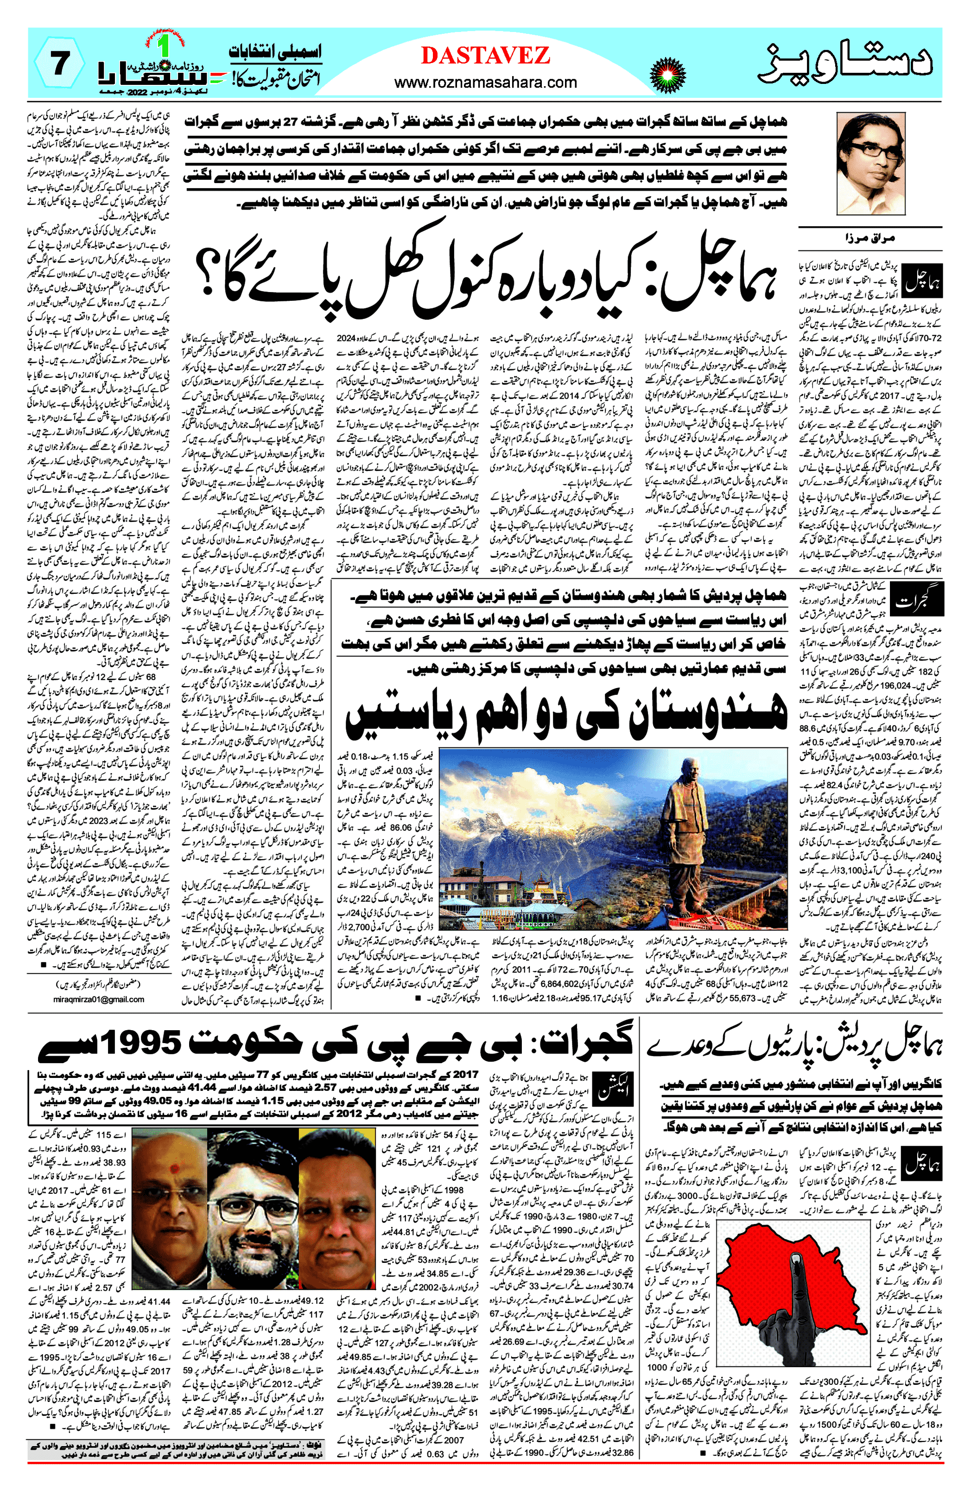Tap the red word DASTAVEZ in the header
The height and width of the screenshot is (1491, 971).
coord(486,56)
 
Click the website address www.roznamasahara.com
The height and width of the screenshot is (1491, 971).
coord(486,82)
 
